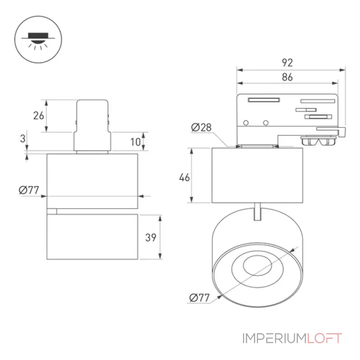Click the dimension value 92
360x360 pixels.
(x=287, y=63)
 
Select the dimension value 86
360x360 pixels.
(x=287, y=77)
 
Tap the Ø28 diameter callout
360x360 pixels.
(x=201, y=127)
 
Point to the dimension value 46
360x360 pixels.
(x=184, y=177)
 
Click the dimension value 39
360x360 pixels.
(x=151, y=238)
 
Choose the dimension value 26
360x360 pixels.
(x=39, y=116)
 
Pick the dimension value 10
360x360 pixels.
(x=135, y=142)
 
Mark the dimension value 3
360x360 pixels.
(x=23, y=139)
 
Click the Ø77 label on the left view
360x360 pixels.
(x=29, y=190)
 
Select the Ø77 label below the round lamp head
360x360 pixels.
(x=199, y=298)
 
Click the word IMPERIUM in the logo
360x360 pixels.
(x=274, y=338)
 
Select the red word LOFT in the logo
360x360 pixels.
(x=324, y=338)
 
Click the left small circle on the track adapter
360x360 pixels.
(x=246, y=123)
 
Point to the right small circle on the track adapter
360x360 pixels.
(x=265, y=123)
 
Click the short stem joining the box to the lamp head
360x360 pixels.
(x=257, y=211)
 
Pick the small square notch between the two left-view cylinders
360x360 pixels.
(x=52, y=211)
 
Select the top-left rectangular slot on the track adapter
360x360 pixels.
(x=264, y=100)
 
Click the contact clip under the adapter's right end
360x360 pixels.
(x=319, y=140)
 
